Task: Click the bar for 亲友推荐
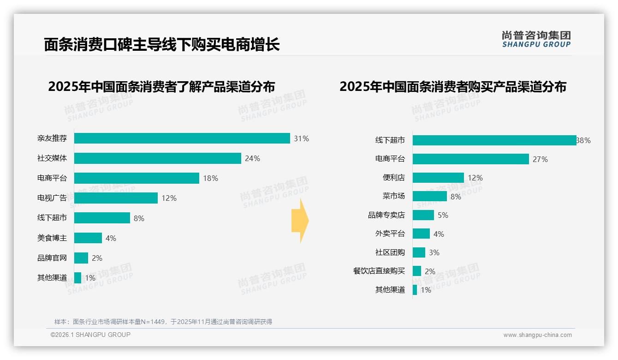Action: (x=182, y=138)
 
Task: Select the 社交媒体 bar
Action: (x=158, y=158)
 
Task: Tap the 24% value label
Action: (x=252, y=158)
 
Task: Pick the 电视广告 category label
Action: (x=52, y=198)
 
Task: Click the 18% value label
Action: (x=210, y=178)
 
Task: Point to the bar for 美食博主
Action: (x=88, y=238)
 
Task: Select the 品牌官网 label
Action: (x=52, y=258)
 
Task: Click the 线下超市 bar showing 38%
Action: (x=494, y=140)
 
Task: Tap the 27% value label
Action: (x=540, y=159)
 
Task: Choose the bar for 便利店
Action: (x=438, y=178)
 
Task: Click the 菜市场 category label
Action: (x=394, y=196)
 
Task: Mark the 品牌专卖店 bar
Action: (x=423, y=215)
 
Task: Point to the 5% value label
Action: (x=443, y=215)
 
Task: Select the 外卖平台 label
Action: (x=390, y=234)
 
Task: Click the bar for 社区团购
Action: (x=419, y=252)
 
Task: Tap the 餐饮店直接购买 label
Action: (x=379, y=271)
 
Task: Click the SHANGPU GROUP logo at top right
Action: (x=536, y=39)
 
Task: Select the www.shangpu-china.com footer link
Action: (x=537, y=335)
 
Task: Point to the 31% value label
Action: (x=302, y=138)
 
